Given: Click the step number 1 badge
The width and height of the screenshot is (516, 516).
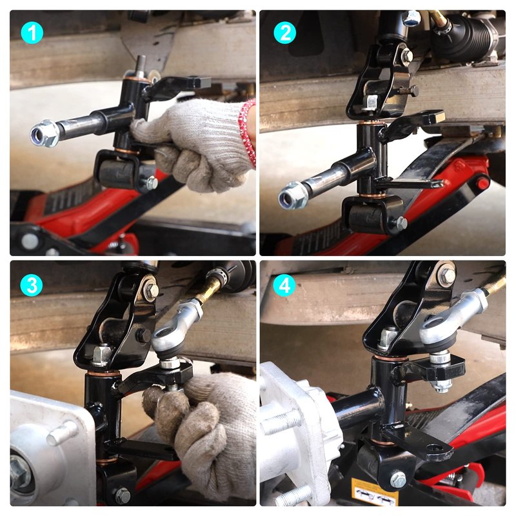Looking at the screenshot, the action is coord(32,33).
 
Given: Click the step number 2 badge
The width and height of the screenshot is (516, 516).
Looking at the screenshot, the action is coord(284,33).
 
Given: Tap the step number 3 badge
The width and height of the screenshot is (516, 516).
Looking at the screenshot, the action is coord(32,284).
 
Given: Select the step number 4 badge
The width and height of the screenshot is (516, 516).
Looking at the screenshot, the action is coord(284,285).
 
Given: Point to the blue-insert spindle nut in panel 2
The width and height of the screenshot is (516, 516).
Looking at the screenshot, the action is coord(292,197).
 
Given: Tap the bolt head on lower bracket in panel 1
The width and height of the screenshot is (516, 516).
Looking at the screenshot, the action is coord(152,183).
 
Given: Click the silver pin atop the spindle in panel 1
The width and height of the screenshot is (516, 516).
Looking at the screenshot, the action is coord(141,66).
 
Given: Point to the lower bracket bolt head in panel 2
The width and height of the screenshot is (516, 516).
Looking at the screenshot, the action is coord(401,224).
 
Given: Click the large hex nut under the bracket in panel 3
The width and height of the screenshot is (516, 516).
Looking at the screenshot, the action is coord(102,355).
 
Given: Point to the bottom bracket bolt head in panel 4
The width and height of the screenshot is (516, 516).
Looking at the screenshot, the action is coord(397,479).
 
